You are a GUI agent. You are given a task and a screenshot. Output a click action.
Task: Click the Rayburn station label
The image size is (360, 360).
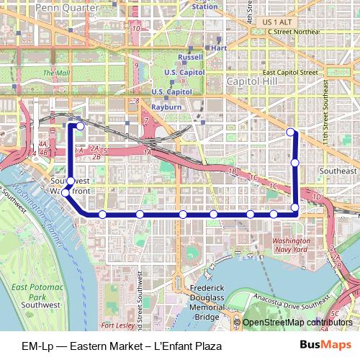click(x=166, y=107)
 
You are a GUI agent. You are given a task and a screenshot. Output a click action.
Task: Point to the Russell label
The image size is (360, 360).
click(x=190, y=57)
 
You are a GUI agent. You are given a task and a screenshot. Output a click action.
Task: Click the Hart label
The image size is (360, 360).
click(x=220, y=48)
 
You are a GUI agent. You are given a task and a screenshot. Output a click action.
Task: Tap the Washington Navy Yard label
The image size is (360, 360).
click(x=292, y=244)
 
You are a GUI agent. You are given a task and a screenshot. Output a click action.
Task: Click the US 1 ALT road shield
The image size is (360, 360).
click(x=276, y=22)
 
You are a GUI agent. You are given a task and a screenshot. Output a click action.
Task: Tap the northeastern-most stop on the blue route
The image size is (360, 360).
click(x=290, y=132)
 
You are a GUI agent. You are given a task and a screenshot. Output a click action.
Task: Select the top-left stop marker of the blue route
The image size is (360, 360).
click(x=80, y=126)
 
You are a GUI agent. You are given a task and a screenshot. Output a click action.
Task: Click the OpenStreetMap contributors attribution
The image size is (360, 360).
click(x=297, y=323)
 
